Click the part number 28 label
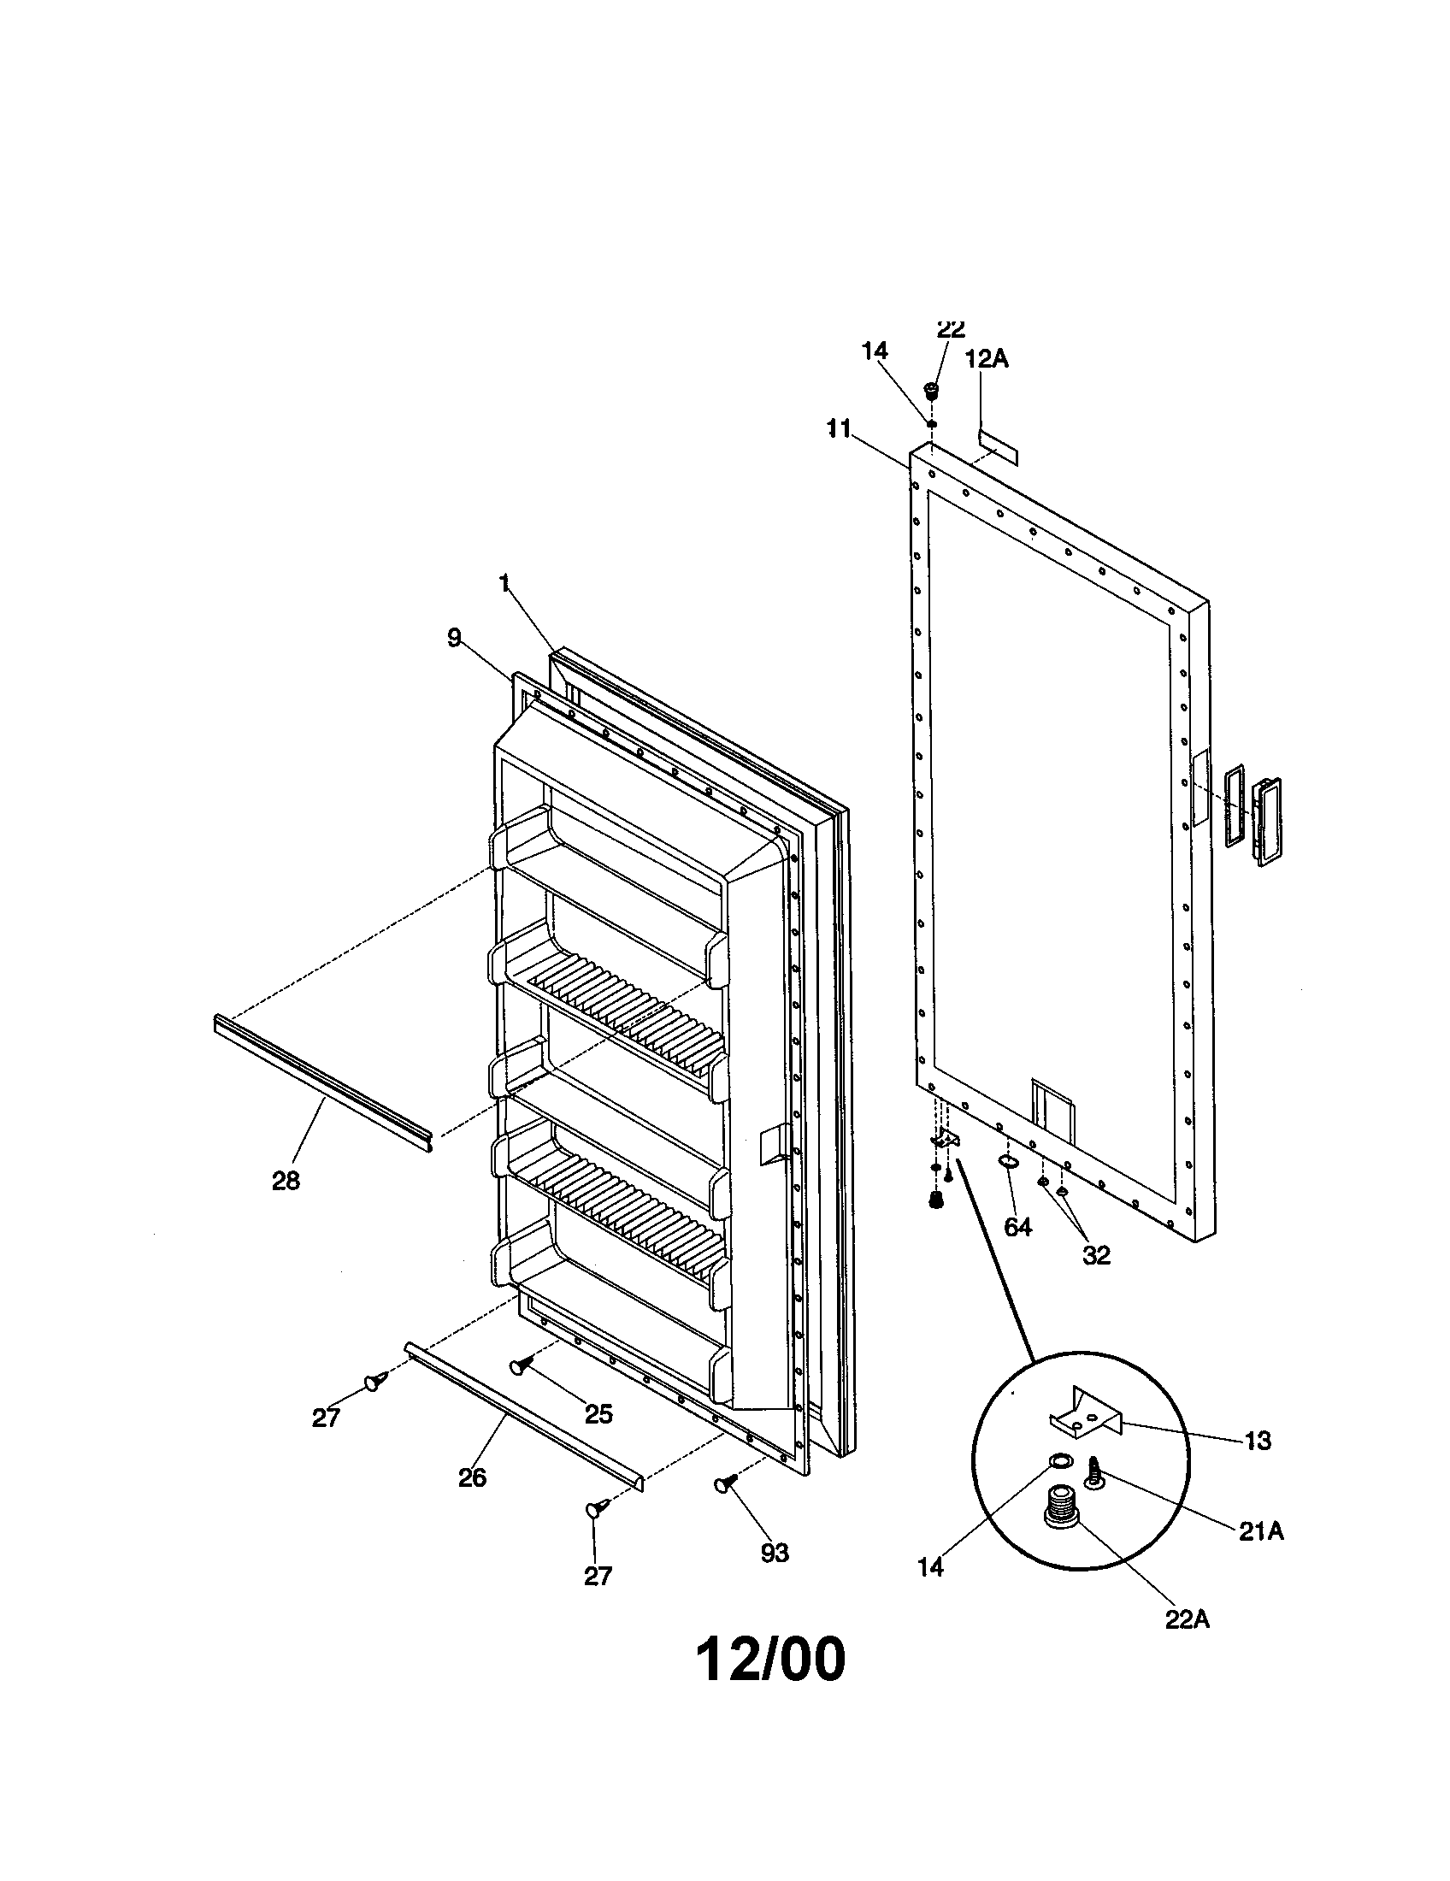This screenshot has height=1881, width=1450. coord(286,1182)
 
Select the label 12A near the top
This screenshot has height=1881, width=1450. coord(986,358)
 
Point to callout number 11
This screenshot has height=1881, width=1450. coord(840,428)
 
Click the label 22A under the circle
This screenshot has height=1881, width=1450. coord(1187,1619)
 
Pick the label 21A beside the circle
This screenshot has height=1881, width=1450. coord(1261,1530)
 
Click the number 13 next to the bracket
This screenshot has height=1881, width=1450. coord(1257,1440)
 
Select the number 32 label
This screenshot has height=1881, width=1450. coord(1096,1255)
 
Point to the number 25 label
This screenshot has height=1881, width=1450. coord(598,1413)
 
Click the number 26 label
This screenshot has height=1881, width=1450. coord(472,1477)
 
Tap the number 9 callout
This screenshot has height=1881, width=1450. coord(454,636)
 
